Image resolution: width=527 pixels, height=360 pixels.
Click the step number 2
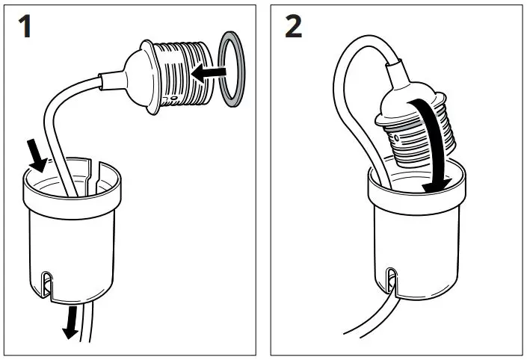pyautogui.click(x=294, y=28)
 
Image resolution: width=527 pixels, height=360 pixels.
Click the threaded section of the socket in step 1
pyautogui.click(x=179, y=75)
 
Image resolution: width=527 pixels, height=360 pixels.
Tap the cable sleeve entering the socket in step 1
pyautogui.click(x=105, y=77)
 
